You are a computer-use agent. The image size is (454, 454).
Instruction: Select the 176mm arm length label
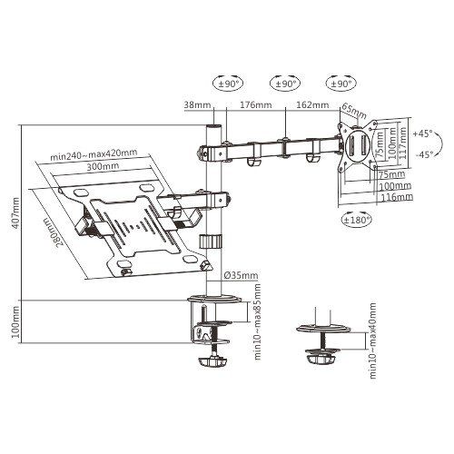pyautogui.click(x=253, y=104)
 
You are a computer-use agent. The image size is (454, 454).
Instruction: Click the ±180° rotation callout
pyautogui.click(x=356, y=219)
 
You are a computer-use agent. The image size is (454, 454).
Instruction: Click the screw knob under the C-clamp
pyautogui.click(x=216, y=362)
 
